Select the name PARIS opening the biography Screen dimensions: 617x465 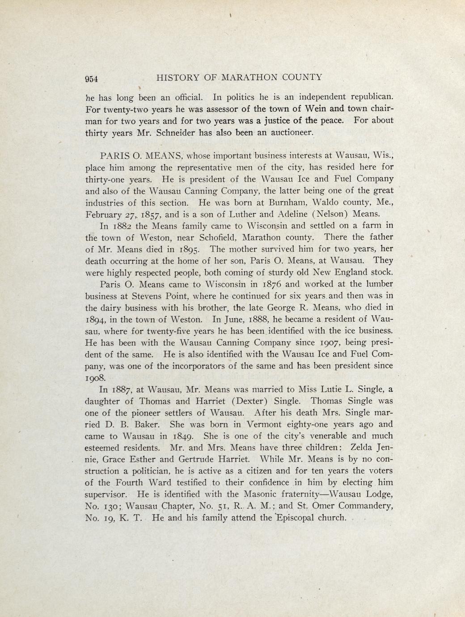[x=115, y=156]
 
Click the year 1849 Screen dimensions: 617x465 [x=183, y=436]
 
